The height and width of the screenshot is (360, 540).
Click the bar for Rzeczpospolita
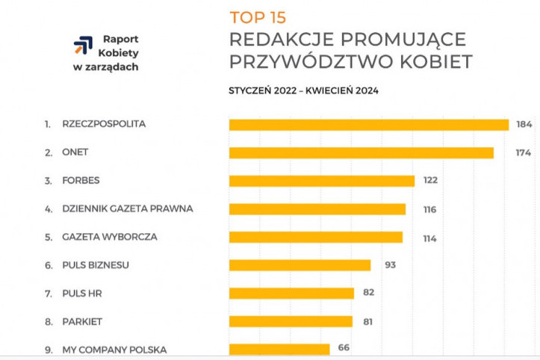(368, 125)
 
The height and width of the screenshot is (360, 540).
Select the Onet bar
(361, 152)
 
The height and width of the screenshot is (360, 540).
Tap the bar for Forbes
(321, 181)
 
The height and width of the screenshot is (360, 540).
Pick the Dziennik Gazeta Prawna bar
(317, 209)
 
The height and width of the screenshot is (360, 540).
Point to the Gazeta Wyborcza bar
(315, 237)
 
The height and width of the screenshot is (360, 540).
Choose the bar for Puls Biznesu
(300, 265)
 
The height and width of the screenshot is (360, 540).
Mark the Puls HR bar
(291, 293)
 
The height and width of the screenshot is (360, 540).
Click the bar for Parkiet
(291, 321)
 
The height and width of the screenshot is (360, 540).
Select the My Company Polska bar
(279, 349)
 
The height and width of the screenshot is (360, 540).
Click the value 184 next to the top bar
(524, 125)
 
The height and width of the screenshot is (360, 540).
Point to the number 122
(429, 181)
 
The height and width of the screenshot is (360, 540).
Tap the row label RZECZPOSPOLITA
(105, 125)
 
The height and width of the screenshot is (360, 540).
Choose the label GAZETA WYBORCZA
(110, 237)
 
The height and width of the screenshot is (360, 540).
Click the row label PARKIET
(82, 321)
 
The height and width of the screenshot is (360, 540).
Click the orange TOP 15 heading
(258, 17)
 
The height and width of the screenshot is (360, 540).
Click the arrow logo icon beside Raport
(83, 47)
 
